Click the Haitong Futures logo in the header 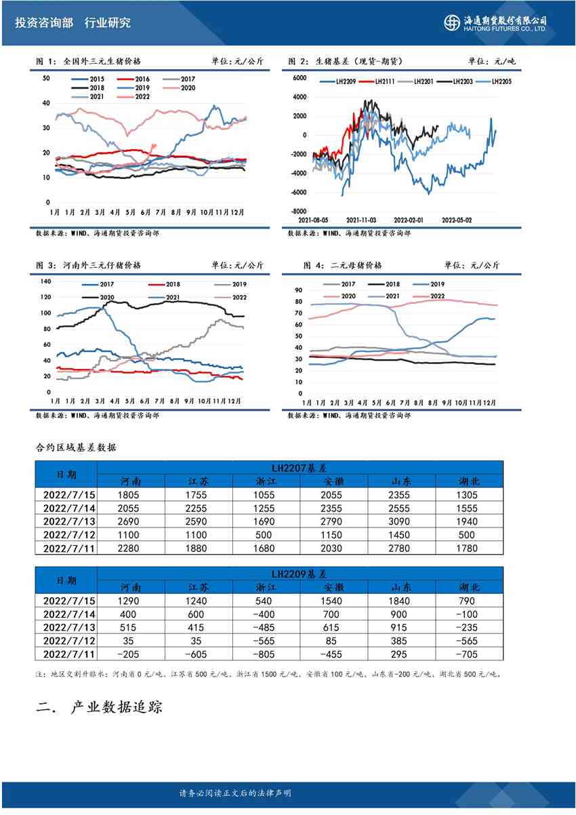495,22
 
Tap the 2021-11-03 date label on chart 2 361,220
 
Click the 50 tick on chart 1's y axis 46,79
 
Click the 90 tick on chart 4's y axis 297,290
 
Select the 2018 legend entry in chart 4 392,284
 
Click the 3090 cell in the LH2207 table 402,521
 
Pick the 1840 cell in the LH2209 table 402,601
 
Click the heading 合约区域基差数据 76,448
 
